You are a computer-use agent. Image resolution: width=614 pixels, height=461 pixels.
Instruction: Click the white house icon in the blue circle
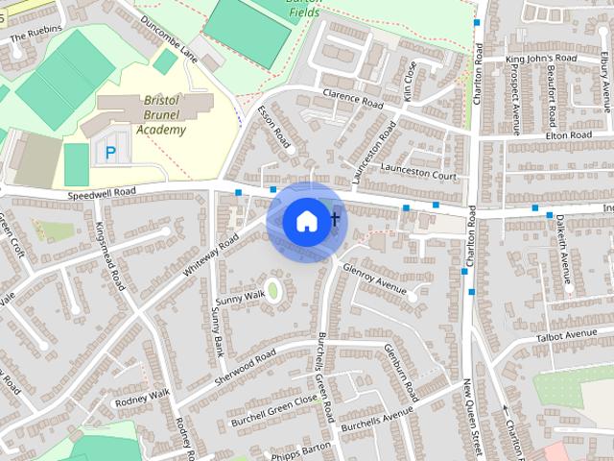click(305, 221)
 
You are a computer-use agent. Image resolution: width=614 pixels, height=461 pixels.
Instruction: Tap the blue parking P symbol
click(110, 152)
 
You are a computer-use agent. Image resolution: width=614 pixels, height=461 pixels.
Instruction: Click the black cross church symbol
click(335, 220)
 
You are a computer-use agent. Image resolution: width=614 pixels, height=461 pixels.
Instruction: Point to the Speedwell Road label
click(102, 193)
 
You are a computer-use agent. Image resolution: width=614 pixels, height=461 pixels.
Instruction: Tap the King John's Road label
click(540, 59)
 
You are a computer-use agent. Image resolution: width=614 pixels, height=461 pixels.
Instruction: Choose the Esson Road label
click(274, 126)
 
